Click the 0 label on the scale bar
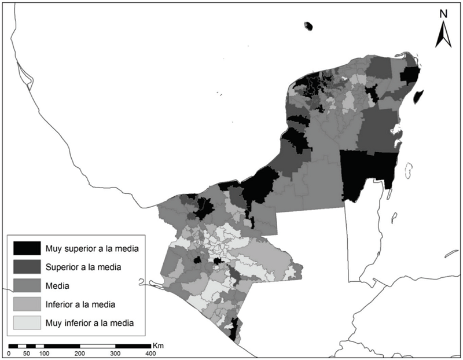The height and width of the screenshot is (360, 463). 9,353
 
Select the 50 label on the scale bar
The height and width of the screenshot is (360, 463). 26,353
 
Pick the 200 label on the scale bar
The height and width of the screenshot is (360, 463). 80,353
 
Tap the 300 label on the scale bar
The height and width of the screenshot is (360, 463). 115,353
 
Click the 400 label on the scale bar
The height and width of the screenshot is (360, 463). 150,353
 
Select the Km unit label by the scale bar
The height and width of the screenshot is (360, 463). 160,346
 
